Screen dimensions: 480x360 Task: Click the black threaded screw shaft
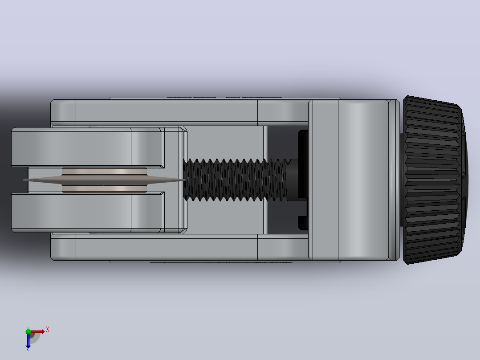(235, 180)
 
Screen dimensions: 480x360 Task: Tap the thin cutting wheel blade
(104, 180)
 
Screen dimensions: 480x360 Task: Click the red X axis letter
(48, 330)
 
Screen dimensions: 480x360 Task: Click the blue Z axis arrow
(28, 341)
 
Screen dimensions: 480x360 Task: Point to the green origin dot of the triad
(28, 331)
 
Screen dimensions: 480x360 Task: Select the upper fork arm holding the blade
(88, 147)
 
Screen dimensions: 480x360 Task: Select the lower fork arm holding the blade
(88, 212)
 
